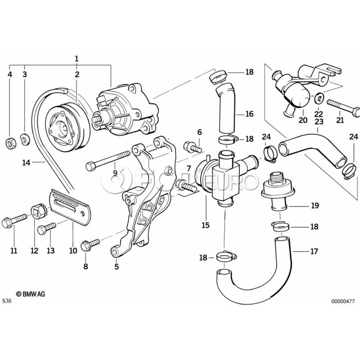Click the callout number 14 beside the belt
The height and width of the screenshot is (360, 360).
click(x=26, y=162)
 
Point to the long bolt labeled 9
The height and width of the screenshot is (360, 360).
click(x=108, y=159)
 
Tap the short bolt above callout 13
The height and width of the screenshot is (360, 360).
click(x=45, y=229)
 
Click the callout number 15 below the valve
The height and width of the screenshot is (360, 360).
click(x=205, y=225)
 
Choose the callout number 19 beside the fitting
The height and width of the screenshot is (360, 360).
click(x=314, y=206)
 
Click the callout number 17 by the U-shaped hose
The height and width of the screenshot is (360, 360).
click(x=314, y=252)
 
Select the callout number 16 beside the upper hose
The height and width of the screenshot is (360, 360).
click(x=249, y=114)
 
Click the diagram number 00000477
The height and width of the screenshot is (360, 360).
click(x=342, y=302)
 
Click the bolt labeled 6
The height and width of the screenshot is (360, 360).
click(x=192, y=147)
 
